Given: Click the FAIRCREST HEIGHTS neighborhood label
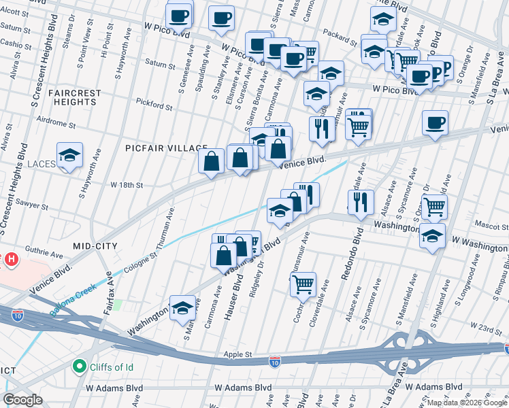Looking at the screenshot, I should tap(75, 98).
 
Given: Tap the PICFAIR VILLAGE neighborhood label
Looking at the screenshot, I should tap(166, 148).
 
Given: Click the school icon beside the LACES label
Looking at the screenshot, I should tap(69, 156).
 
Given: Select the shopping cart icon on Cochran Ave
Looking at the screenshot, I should tap(303, 284).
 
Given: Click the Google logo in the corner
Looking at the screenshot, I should tap(23, 400).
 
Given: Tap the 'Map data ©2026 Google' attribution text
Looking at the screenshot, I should tap(467, 403).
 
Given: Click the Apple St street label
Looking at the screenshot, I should tap(238, 354).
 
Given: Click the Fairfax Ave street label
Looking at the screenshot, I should tap(107, 319).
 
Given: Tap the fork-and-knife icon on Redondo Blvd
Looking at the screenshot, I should tap(361, 201).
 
